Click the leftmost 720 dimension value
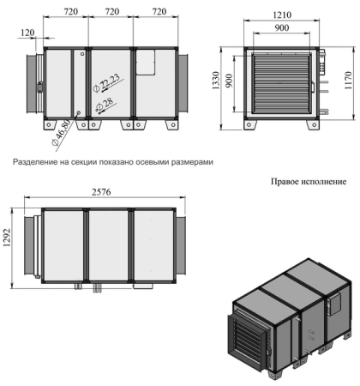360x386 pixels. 66,14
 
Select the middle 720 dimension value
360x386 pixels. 111,14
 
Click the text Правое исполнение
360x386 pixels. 308,181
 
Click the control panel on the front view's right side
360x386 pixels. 323,75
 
